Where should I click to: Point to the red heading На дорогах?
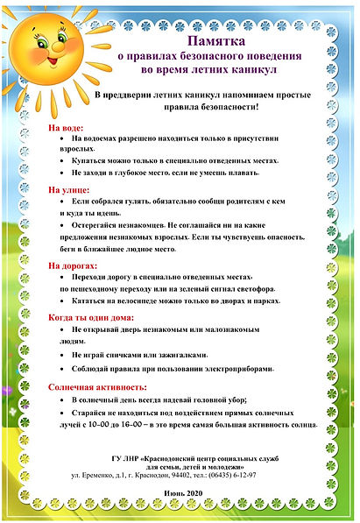[x=74, y=265]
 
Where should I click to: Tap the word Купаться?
[x=91, y=161]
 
